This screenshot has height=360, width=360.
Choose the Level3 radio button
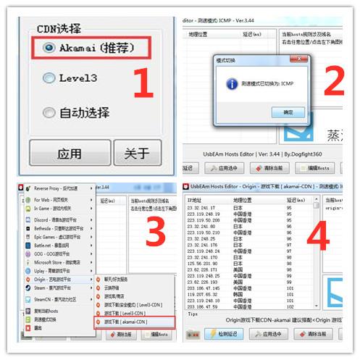click(49, 77)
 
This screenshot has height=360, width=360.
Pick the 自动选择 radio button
click(49, 112)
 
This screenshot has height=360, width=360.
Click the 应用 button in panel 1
click(69, 154)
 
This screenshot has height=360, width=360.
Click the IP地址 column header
click(196, 198)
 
